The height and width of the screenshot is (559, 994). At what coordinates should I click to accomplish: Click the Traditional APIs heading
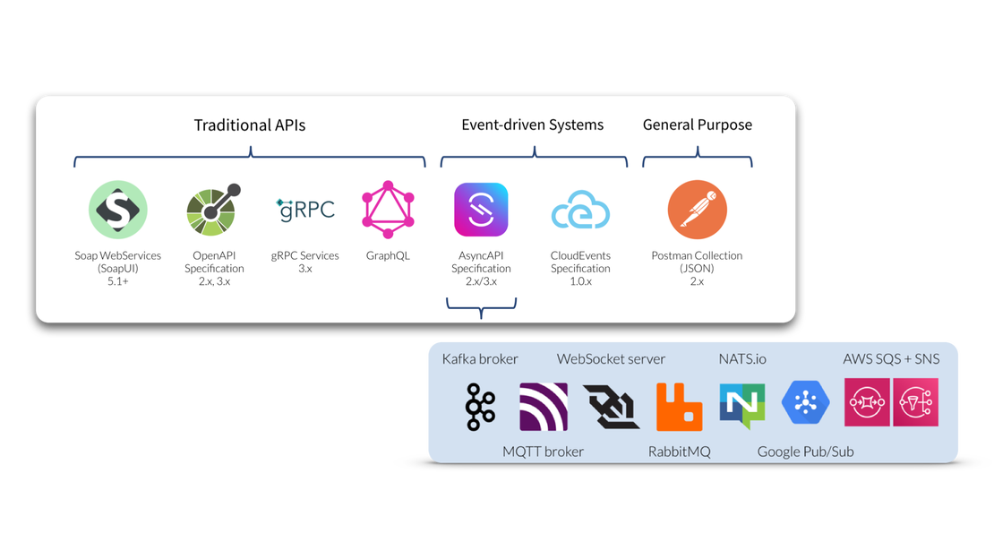[250, 125]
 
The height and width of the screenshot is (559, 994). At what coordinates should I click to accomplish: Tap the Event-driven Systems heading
[532, 125]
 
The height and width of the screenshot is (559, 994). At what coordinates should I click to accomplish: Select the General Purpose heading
[697, 125]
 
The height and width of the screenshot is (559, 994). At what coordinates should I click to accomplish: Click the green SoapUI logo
[117, 210]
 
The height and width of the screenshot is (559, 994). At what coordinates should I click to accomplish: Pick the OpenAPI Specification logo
[213, 211]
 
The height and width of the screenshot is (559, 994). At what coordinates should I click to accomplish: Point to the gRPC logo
[305, 210]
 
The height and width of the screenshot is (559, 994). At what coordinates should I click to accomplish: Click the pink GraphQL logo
[388, 209]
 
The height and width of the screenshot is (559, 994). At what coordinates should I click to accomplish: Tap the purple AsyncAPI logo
[481, 210]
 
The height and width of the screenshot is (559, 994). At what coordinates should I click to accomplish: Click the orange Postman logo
[697, 210]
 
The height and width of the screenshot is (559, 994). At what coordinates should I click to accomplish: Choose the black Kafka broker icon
[480, 407]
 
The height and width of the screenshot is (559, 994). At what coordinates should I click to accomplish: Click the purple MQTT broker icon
[544, 407]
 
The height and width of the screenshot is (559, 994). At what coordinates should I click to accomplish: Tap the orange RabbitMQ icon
[679, 407]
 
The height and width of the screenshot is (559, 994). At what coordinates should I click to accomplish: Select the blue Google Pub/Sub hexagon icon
[806, 402]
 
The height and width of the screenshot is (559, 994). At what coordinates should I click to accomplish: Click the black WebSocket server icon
[611, 406]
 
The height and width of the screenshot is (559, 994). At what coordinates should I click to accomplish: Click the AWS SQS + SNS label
[891, 359]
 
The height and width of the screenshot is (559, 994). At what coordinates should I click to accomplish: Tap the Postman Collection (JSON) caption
[697, 262]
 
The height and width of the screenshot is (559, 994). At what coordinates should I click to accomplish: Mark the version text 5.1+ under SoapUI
[117, 281]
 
